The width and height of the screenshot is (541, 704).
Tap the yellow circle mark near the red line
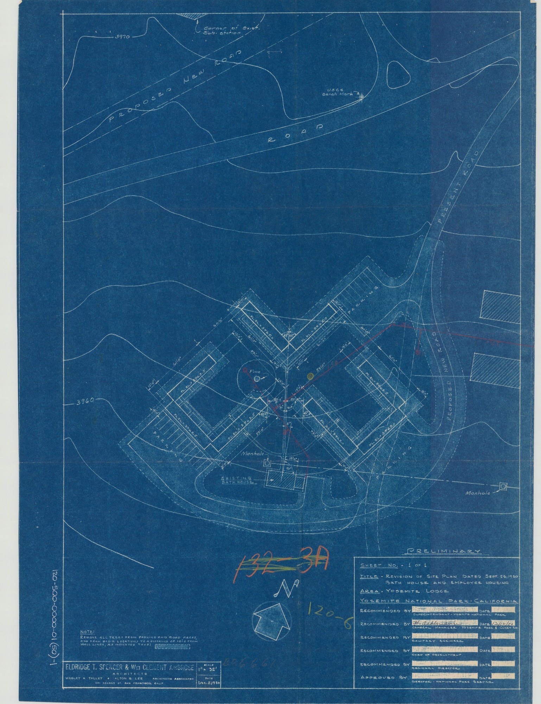click(310, 376)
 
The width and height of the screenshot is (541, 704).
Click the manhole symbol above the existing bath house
click(268, 464)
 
